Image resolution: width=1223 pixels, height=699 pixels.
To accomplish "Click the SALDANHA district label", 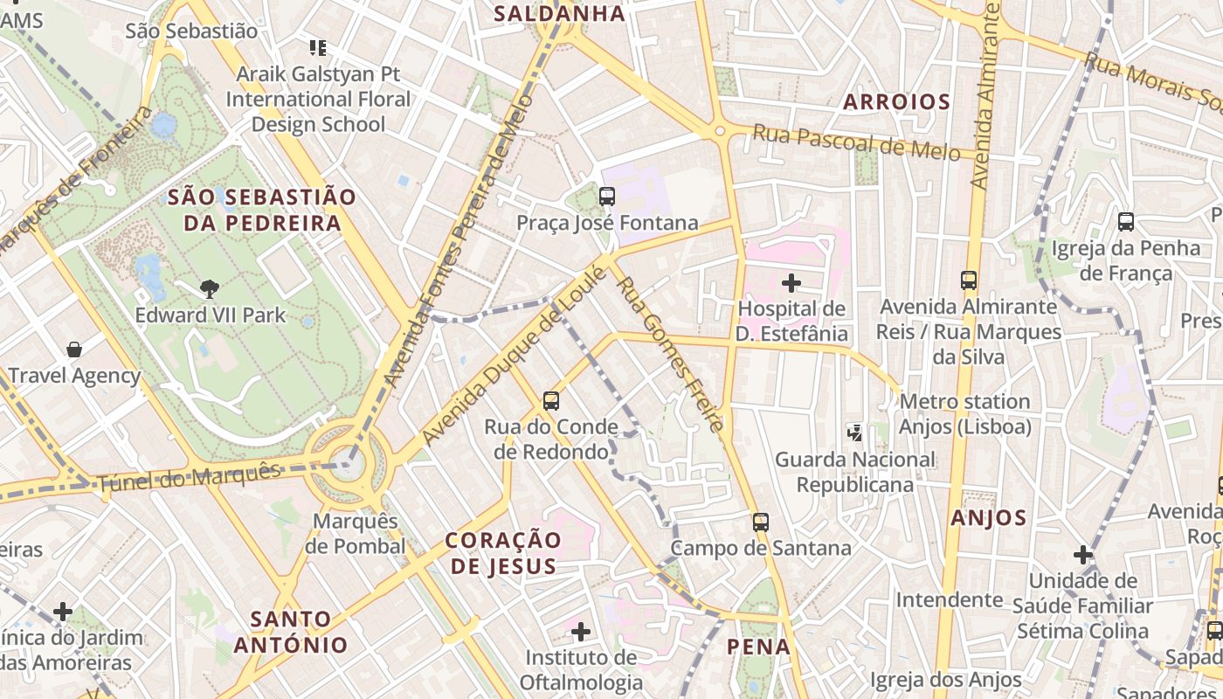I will pos(559,13).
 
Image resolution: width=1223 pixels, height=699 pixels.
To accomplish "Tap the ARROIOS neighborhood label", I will pos(896,101).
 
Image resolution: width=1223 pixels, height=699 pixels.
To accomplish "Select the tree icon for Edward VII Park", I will pos(209,288).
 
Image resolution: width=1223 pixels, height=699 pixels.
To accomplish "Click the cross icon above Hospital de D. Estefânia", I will pos(791,282).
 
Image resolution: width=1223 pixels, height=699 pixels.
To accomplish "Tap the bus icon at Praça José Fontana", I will pos(607,197).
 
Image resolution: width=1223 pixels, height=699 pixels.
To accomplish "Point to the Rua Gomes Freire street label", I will pos(668,354).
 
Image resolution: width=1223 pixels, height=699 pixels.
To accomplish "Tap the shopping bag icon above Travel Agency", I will pos(74,349).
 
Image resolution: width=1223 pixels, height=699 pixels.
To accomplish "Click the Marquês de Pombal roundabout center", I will pos(348,460).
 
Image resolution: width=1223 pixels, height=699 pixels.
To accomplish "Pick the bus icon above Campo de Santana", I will pos(761,523).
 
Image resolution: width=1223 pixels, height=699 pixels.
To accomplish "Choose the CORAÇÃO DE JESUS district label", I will pos(503,553).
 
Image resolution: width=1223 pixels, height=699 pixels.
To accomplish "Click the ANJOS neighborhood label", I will pos(988,517).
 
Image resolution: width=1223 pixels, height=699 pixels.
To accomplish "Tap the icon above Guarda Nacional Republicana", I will pos(855,432).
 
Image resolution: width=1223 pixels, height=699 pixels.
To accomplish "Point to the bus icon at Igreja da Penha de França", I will pos(1126,222).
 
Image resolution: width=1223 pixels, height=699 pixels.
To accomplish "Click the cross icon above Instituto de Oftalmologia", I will pos(581,631).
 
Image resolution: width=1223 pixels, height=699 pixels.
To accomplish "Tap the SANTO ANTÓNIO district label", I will pos(291,633).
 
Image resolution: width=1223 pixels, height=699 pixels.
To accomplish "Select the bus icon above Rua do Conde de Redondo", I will pos(551,401).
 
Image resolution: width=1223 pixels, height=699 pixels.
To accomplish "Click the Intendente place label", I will pos(949,599).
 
